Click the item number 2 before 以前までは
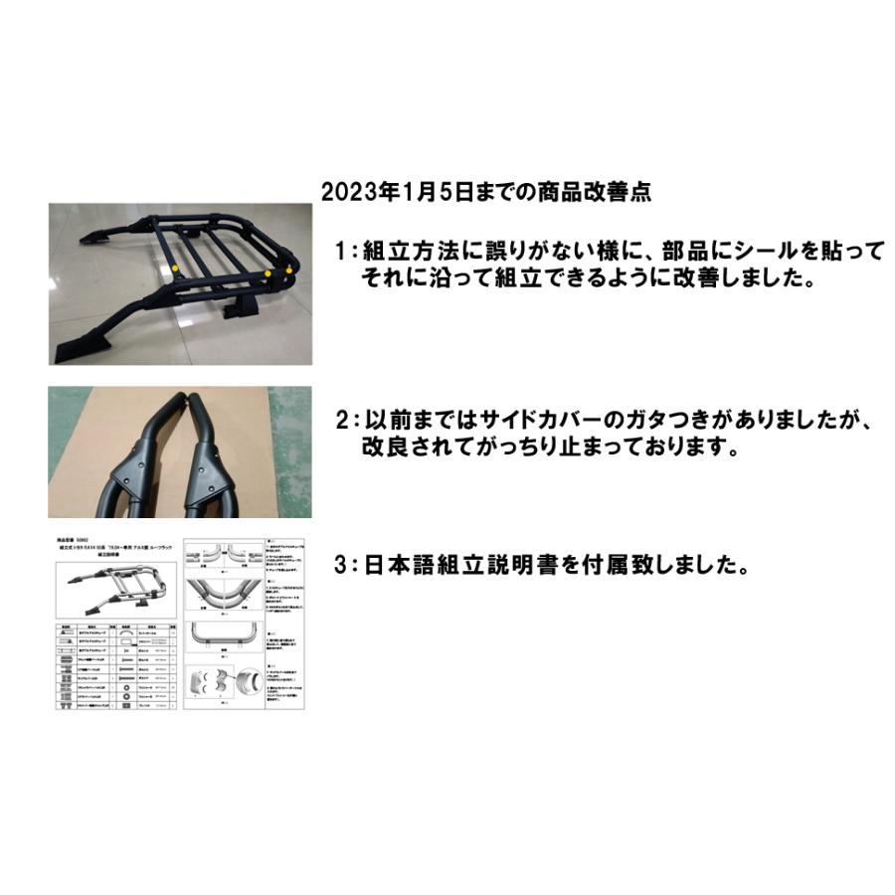[340, 422]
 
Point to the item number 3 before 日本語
[340, 566]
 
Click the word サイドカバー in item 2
[579, 422]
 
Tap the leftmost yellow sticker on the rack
[174, 267]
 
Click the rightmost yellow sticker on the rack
[289, 267]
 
